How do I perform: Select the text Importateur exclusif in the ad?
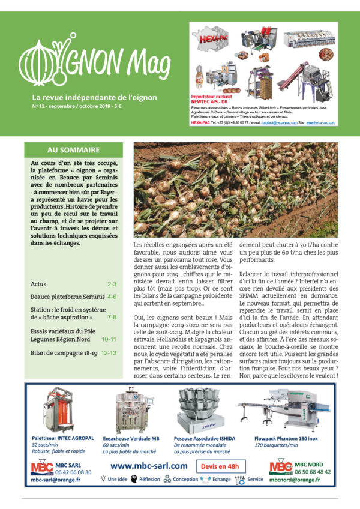click(211, 95)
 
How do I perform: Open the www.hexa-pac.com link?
click(320, 122)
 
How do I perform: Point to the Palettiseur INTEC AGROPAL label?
click(61, 438)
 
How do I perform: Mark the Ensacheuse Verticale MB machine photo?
click(132, 410)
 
